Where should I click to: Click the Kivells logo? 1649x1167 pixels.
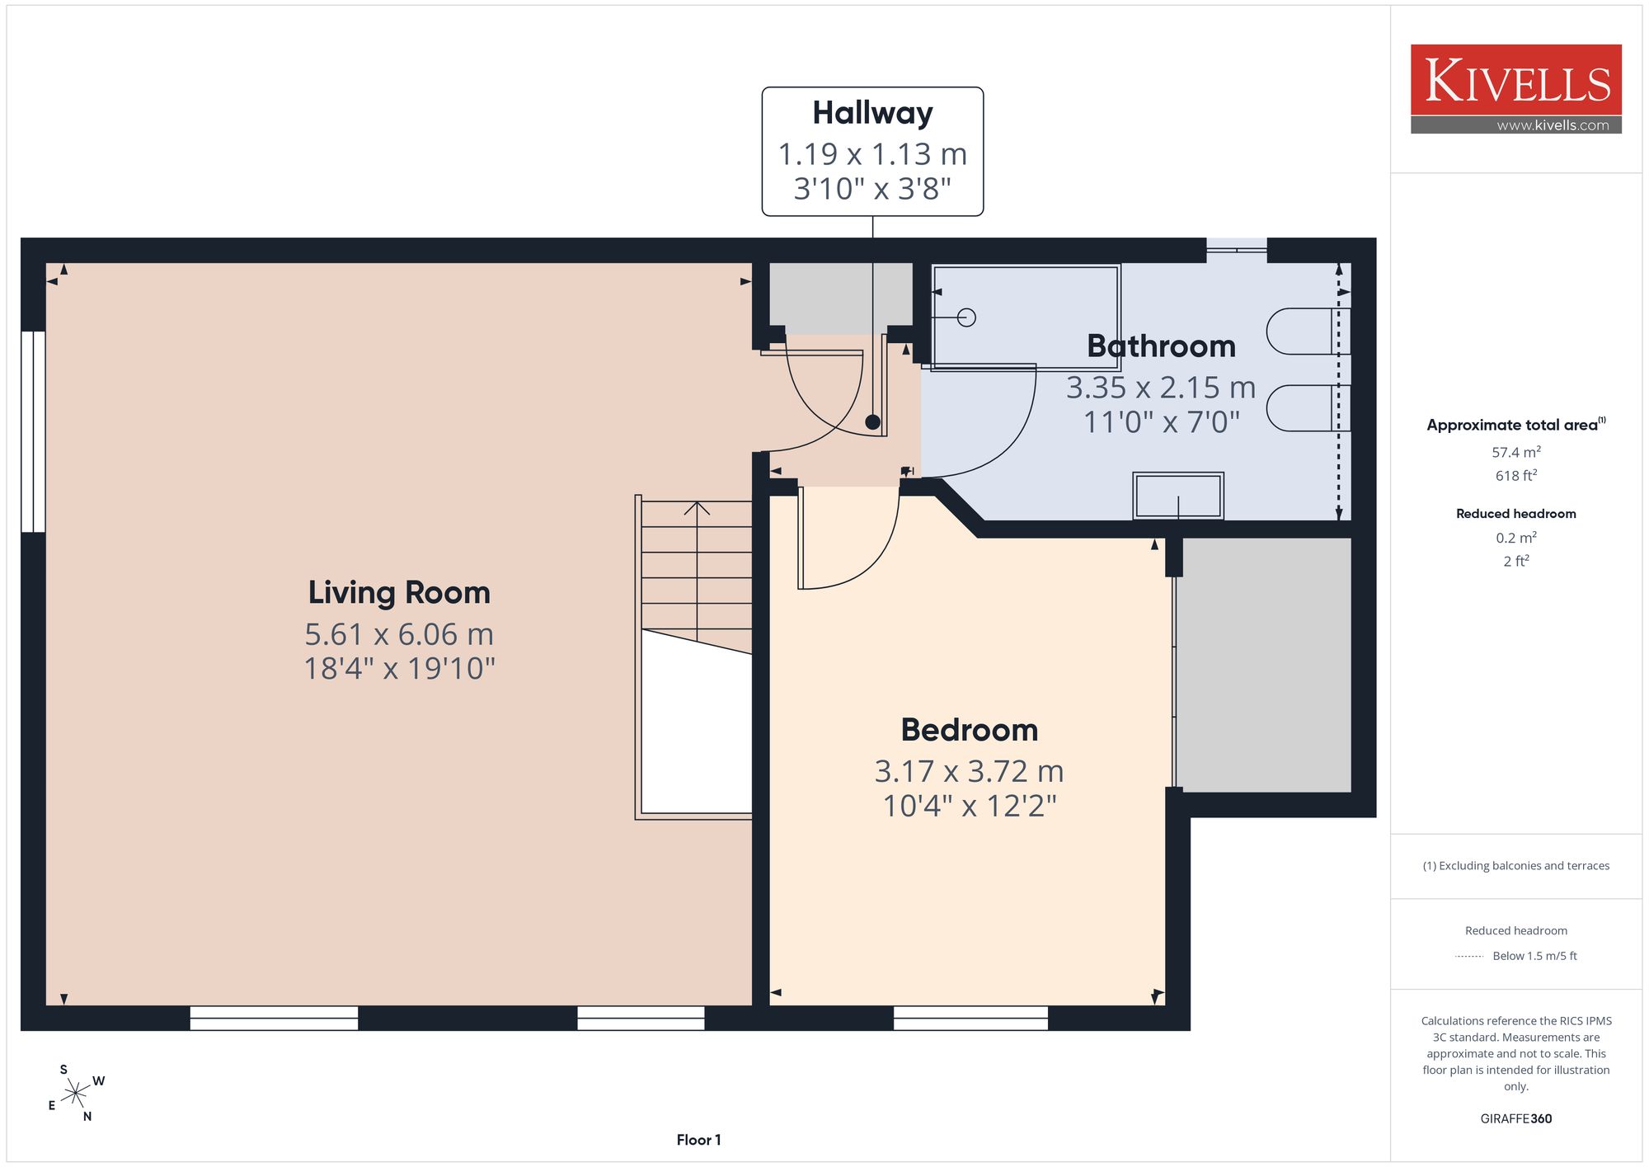pyautogui.click(x=1515, y=89)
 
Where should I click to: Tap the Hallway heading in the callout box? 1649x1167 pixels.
pyautogui.click(x=872, y=113)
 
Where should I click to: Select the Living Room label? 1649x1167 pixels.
pyautogui.click(x=399, y=592)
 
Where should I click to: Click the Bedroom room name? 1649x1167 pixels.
pyautogui.click(x=969, y=730)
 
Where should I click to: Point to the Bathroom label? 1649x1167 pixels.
pyautogui.click(x=1161, y=346)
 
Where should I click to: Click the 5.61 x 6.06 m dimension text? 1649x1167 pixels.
pyautogui.click(x=399, y=634)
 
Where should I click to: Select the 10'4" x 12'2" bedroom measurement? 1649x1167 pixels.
pyautogui.click(x=970, y=805)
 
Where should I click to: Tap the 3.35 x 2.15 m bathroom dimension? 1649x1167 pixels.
pyautogui.click(x=1161, y=387)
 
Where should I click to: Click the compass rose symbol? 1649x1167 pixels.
pyautogui.click(x=76, y=1094)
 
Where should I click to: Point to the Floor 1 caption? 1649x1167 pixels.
pyautogui.click(x=698, y=1140)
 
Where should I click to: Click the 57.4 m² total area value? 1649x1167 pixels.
pyautogui.click(x=1516, y=452)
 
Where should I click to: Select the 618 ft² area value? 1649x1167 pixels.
pyautogui.click(x=1516, y=475)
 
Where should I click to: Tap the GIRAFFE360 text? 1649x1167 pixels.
pyautogui.click(x=1516, y=1118)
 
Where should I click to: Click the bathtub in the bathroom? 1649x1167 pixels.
pyautogui.click(x=1026, y=317)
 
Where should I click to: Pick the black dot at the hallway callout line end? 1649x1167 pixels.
pyautogui.click(x=872, y=422)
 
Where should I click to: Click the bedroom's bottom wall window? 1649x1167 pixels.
pyautogui.click(x=970, y=1018)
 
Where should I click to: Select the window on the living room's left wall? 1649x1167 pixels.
pyautogui.click(x=33, y=431)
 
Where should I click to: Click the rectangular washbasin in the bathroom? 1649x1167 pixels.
pyautogui.click(x=1178, y=496)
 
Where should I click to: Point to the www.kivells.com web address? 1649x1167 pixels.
pyautogui.click(x=1553, y=125)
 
